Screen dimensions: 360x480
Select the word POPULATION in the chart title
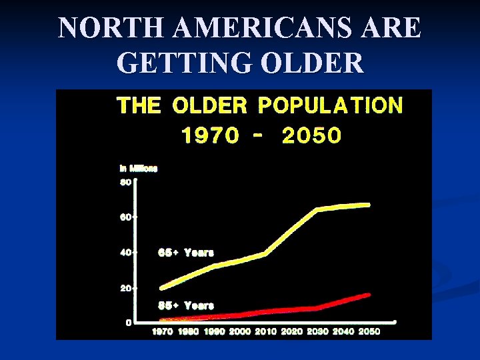tap(330, 105)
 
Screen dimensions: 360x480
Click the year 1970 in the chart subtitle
tap(210, 135)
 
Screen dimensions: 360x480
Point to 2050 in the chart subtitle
tap(311, 135)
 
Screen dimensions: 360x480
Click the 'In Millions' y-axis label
tap(138, 169)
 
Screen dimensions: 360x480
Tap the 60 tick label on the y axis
tap(125, 217)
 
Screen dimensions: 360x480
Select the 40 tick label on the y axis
tap(125, 253)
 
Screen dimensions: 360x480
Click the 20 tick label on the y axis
tap(125, 288)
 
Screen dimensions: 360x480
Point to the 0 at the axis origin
tap(127, 323)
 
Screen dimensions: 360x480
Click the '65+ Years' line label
tap(185, 253)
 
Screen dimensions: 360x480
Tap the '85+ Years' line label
tap(185, 305)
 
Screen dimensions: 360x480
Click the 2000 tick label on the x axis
tap(241, 331)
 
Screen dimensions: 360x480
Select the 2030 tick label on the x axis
tap(318, 331)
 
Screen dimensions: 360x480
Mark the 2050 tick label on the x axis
tap(369, 331)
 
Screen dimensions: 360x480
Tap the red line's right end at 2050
tap(369, 294)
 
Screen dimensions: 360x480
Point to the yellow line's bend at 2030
tap(317, 209)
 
